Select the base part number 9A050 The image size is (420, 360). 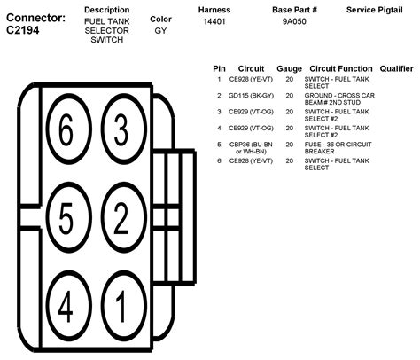(293, 20)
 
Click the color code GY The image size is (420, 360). (160, 30)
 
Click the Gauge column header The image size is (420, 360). (289, 68)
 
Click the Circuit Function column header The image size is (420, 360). (340, 68)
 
